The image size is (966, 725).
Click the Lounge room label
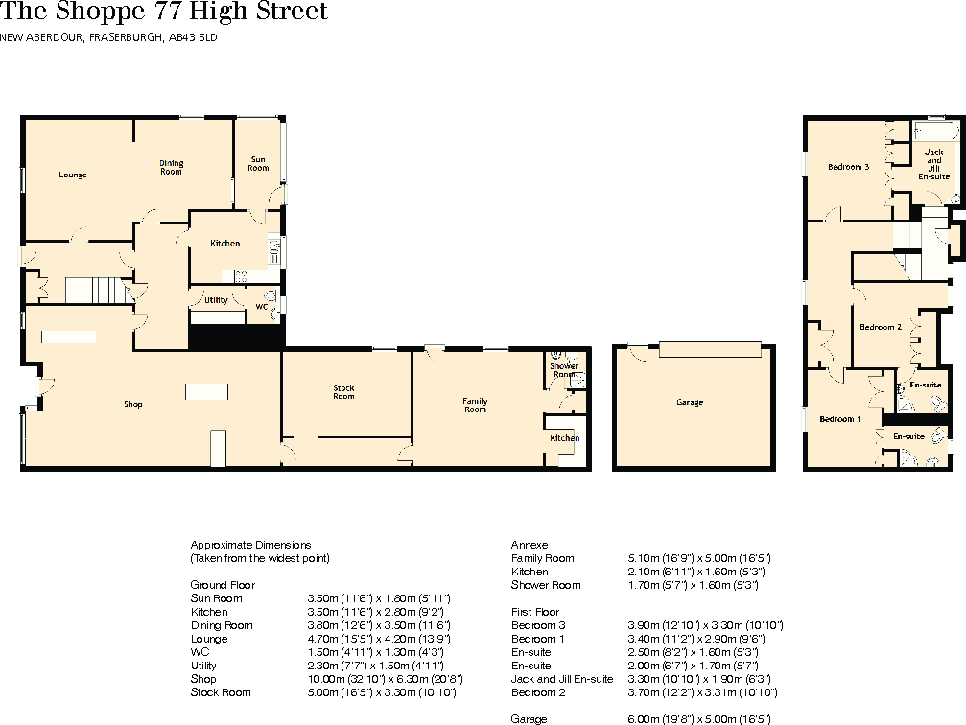[73, 175]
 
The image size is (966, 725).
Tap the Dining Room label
[171, 168]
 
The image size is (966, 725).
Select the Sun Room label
[259, 164]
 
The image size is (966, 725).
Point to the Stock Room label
[343, 392]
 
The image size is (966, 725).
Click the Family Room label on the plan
[475, 406]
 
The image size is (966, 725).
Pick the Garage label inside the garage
[689, 402]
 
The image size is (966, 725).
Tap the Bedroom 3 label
[848, 167]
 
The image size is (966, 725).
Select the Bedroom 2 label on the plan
[880, 328]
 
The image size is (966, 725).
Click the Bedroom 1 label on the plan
[839, 419]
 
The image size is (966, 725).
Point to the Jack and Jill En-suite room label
[933, 165]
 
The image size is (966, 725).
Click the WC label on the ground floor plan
[261, 307]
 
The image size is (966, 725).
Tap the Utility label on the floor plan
[217, 300]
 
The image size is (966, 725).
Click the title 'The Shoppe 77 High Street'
[164, 12]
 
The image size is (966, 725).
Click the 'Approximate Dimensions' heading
[250, 545]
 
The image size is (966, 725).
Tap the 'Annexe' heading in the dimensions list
[529, 545]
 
